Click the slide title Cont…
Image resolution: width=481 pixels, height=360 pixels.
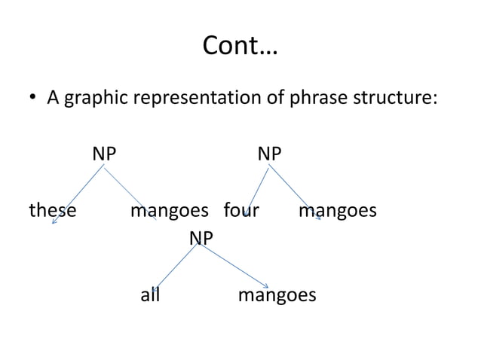point(240,49)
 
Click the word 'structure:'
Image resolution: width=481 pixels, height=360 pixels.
point(393,99)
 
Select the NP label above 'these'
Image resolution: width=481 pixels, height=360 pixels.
point(105,154)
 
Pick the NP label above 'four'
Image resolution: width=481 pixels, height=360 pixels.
point(270,154)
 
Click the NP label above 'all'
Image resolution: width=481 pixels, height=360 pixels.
point(201,239)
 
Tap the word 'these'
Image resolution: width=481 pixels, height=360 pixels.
point(52,211)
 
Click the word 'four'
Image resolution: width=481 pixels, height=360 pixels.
point(241,211)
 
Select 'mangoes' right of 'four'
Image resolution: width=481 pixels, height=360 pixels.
point(337,211)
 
